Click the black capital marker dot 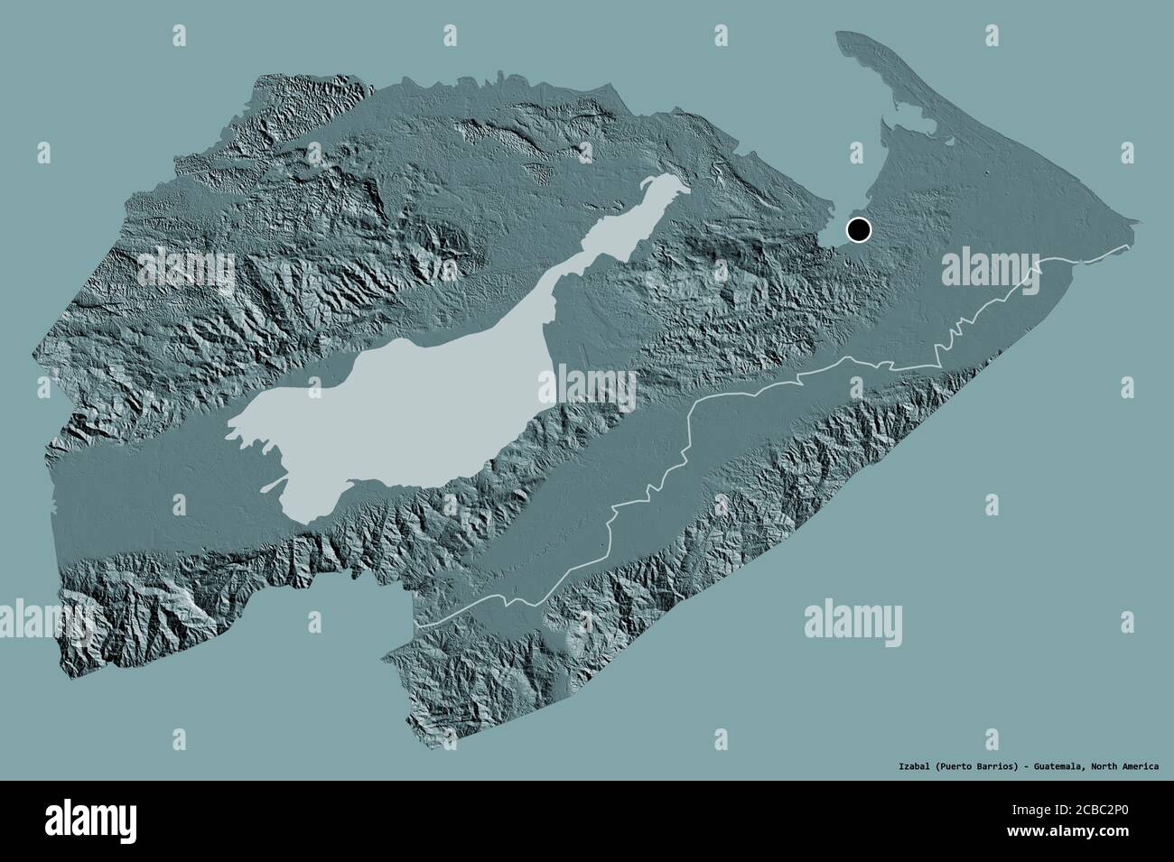pos(857,230)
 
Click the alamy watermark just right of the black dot pos(989,267)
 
